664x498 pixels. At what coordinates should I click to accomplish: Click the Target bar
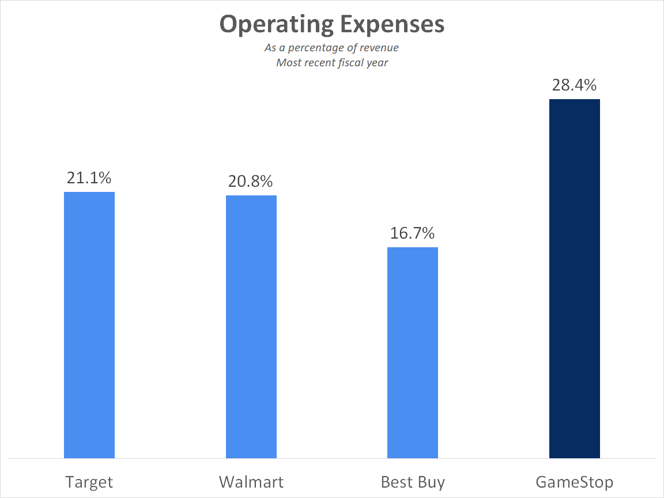pos(89,325)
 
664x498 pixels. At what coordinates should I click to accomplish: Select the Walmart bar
pos(251,327)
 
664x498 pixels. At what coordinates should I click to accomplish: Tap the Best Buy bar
pos(413,353)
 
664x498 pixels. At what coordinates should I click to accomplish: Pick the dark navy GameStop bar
pos(575,279)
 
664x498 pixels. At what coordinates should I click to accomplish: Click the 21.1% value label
pos(89,179)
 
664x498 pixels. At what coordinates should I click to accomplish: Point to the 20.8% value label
pos(251,182)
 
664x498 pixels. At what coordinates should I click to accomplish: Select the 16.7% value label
pos(413,234)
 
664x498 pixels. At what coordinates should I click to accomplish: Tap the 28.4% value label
pos(575,85)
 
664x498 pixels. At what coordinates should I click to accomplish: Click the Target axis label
pos(89,482)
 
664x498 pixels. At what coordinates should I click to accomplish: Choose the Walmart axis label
pos(251,482)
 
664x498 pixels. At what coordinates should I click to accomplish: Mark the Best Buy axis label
pos(413,482)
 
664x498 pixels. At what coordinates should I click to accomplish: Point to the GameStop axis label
pos(575,482)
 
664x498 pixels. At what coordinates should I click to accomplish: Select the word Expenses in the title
pos(392,24)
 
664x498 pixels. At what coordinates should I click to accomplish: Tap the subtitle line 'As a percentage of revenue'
pos(332,47)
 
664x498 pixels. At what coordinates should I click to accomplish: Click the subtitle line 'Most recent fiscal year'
pos(332,62)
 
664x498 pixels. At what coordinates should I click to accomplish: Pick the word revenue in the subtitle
pos(379,47)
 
